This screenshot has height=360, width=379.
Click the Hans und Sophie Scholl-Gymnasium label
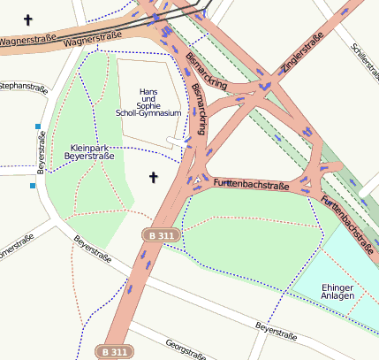[x=148, y=103]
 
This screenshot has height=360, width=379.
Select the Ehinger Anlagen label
[x=337, y=291]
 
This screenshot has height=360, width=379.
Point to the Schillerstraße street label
[x=365, y=60]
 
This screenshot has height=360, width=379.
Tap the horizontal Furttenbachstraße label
[x=252, y=185]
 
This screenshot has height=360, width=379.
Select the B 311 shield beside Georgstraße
[x=114, y=351]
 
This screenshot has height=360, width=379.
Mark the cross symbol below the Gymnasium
[x=153, y=178]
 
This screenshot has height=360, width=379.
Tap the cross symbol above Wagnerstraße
[x=27, y=19]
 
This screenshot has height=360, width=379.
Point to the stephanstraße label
[x=23, y=86]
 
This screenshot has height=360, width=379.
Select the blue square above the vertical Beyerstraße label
[x=37, y=126]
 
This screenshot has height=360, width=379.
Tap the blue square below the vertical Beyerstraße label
[x=33, y=186]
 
